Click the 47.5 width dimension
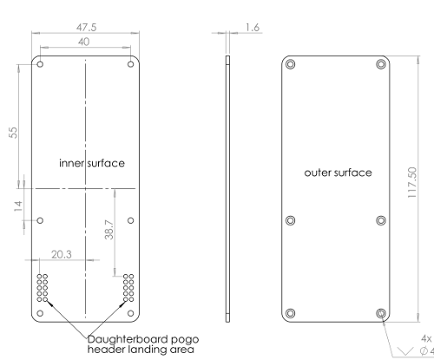(86, 28)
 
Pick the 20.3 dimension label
(62, 255)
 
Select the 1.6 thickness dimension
(253, 28)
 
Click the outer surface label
(338, 173)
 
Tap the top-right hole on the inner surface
(130, 66)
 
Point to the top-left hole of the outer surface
(290, 64)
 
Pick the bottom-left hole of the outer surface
(290, 312)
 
